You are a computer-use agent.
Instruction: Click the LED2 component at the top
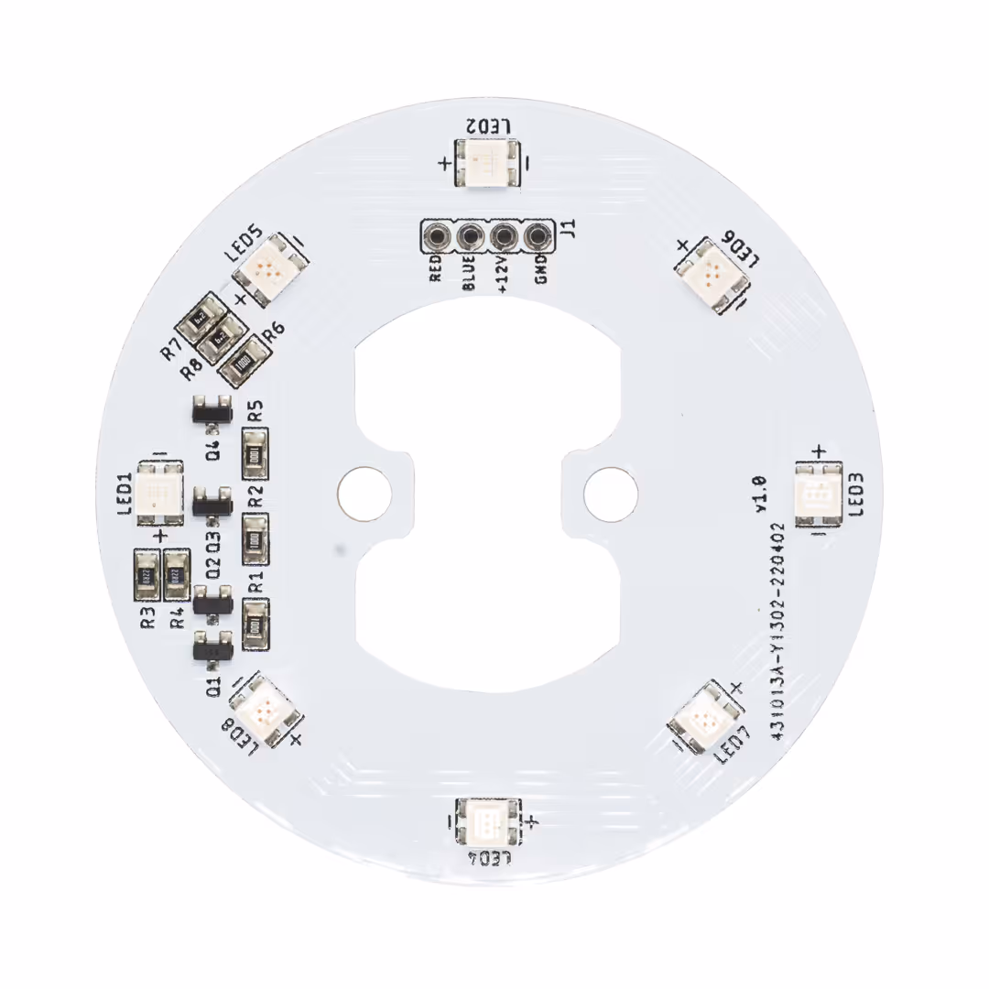tap(486, 164)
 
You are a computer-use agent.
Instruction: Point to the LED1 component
tap(160, 492)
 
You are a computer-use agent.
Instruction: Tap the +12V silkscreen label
tap(502, 273)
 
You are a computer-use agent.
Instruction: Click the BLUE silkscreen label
tap(469, 273)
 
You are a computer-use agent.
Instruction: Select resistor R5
tap(255, 451)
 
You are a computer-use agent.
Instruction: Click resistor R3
tap(147, 575)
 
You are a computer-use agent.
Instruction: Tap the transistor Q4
tap(211, 409)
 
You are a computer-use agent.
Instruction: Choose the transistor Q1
tap(212, 648)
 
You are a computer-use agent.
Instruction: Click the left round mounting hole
tap(364, 492)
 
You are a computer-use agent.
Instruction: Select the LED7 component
tap(706, 718)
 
